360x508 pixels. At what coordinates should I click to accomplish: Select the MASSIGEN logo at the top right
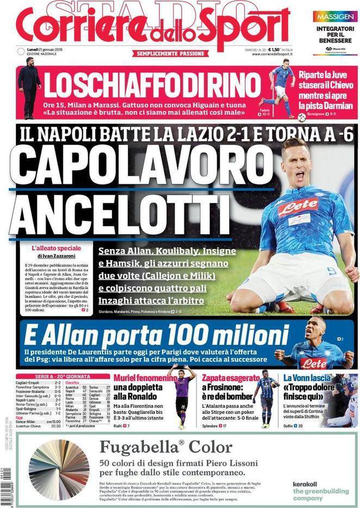(x=335, y=17)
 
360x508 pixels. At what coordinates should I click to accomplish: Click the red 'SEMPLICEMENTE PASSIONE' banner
(x=171, y=53)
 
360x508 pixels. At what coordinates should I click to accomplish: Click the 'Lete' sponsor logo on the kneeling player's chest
(x=298, y=205)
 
